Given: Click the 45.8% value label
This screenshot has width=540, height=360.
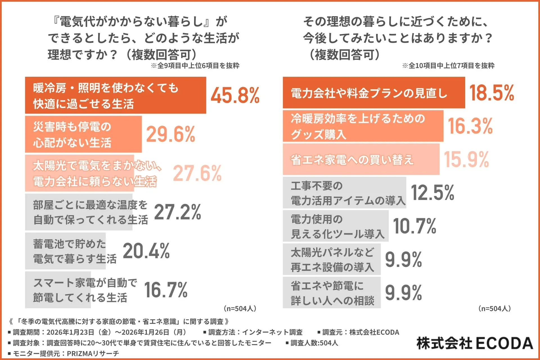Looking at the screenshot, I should [235, 95].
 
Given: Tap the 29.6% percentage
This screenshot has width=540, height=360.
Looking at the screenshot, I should [170, 134].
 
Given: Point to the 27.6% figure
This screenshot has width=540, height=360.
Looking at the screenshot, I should [197, 173].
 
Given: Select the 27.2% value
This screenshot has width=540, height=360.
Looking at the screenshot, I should [177, 212].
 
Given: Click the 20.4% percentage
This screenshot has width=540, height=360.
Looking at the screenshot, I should [146, 251].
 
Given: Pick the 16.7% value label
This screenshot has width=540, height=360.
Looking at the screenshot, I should [166, 290].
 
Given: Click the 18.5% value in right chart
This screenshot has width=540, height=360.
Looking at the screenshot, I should [491, 93].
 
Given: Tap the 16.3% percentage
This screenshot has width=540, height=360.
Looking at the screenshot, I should [470, 126].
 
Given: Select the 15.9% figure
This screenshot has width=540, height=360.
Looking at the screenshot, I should [466, 159].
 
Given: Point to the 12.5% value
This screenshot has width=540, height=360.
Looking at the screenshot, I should [433, 193].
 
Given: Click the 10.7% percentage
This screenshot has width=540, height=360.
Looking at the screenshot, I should [415, 226].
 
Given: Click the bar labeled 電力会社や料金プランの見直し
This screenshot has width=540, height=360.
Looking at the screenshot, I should [373, 93].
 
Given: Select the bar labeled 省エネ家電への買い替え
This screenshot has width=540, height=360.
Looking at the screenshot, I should [361, 159].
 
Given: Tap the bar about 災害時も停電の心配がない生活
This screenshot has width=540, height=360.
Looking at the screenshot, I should [83, 134].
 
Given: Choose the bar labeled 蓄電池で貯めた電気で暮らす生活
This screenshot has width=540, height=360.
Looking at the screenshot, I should [65, 251].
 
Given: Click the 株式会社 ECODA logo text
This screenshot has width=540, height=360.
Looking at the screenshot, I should [475, 343].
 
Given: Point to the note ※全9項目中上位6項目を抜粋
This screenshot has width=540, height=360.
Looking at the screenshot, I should [195, 66].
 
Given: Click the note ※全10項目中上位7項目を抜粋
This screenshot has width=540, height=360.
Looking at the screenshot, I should [448, 66].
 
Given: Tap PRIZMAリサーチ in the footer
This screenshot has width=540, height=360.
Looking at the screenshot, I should [93, 354].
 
